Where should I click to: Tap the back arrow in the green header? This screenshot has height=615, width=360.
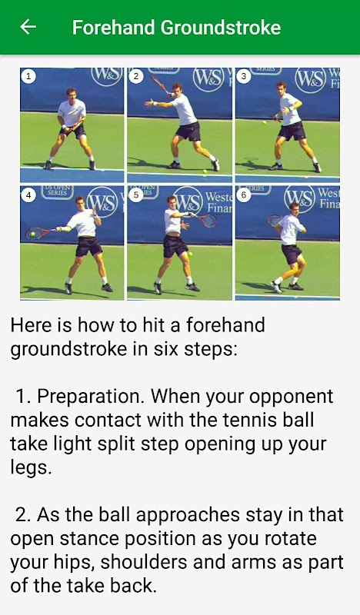tap(28, 27)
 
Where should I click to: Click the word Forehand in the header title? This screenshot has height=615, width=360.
tap(113, 28)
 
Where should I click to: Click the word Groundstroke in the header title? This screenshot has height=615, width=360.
tap(220, 28)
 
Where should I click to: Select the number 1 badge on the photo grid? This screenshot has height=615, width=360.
tap(28, 76)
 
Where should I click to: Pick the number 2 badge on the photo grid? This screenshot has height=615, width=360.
tap(136, 76)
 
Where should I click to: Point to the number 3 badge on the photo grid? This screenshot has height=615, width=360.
tap(243, 76)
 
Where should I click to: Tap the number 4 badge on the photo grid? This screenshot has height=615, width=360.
tap(28, 195)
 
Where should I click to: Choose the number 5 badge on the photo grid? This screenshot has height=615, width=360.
tap(136, 195)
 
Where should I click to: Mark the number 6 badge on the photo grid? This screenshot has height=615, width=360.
tap(243, 195)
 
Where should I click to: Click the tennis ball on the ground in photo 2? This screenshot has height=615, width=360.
tap(204, 171)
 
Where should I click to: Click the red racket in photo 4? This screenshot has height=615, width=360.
tap(40, 233)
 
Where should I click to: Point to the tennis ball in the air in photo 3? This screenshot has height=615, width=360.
tap(264, 123)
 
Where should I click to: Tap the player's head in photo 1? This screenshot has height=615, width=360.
tap(71, 93)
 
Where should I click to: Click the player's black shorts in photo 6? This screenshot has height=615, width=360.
tap(292, 254)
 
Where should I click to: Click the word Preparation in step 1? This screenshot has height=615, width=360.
tap(91, 397)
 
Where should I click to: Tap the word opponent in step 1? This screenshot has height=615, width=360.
tap(291, 397)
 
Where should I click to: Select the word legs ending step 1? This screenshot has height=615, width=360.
tap(30, 468)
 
